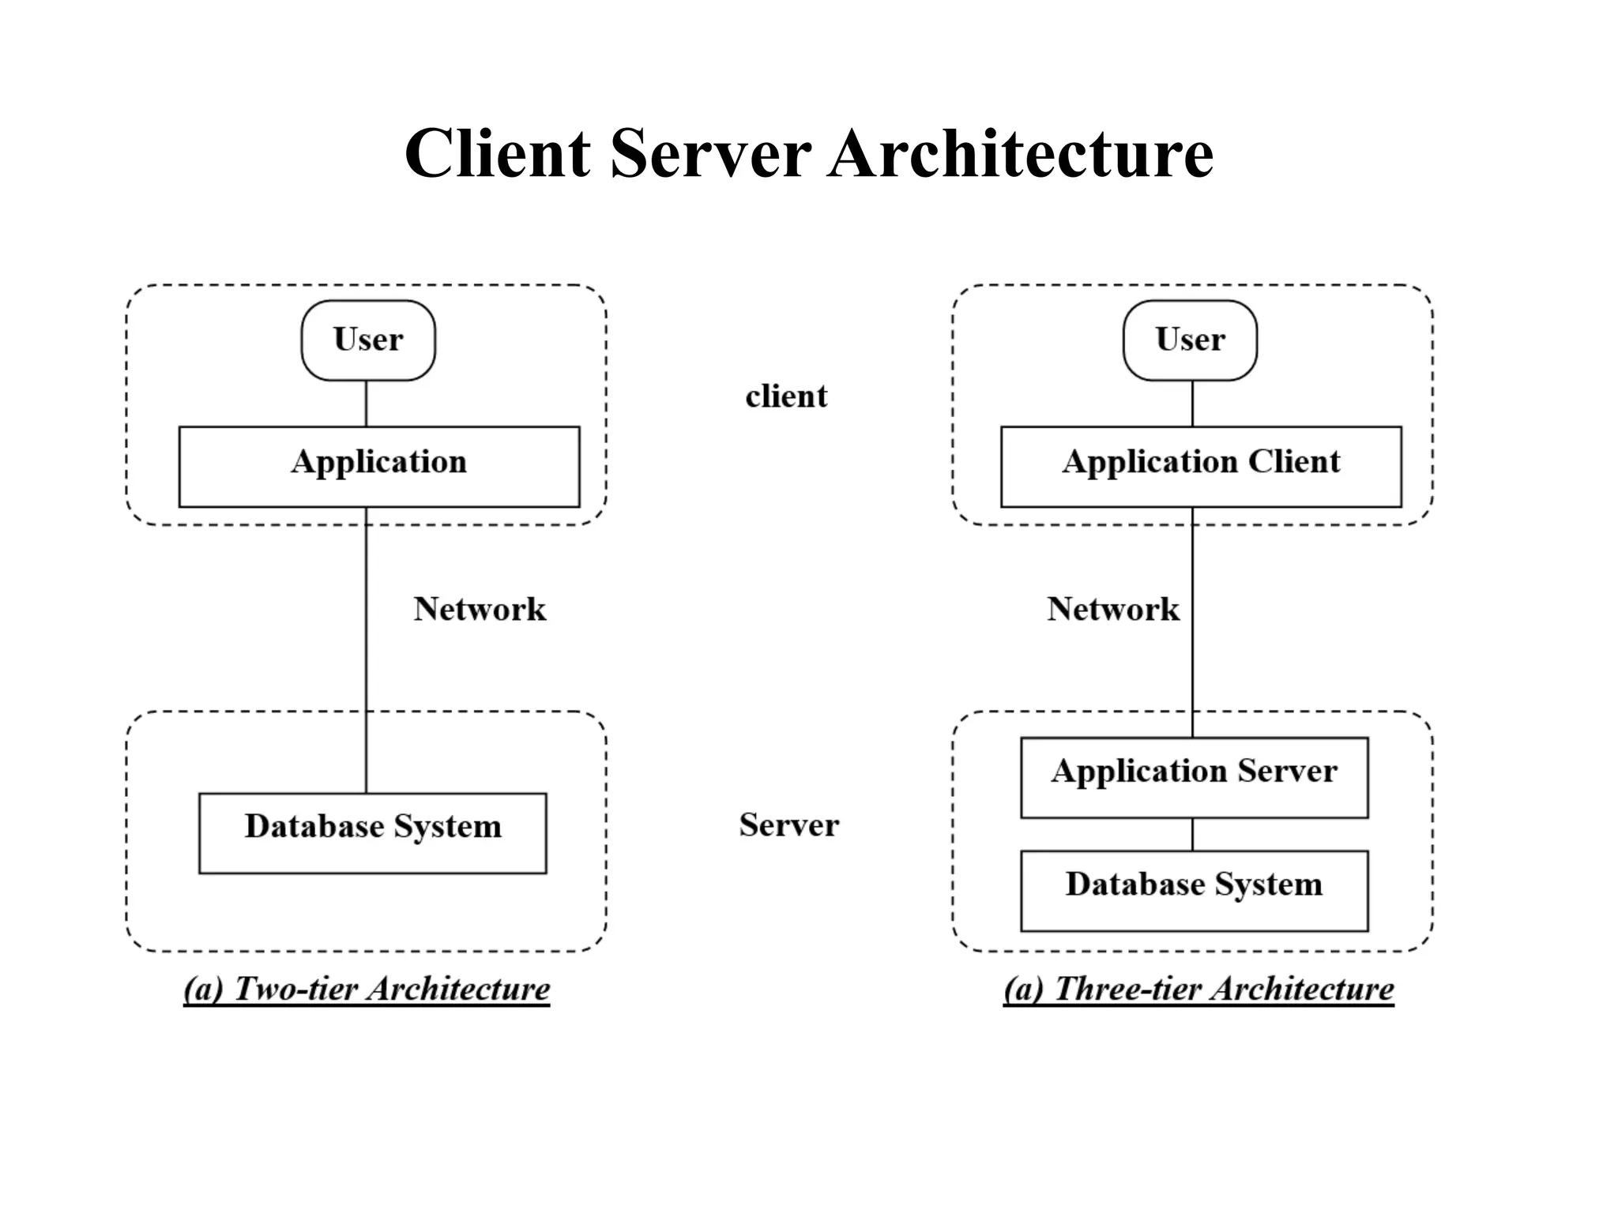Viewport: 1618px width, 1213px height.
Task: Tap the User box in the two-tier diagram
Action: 368,340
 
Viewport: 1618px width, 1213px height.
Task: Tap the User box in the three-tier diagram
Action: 1190,340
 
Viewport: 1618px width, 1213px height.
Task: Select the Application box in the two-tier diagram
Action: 379,466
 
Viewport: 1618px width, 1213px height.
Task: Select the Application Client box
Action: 1201,466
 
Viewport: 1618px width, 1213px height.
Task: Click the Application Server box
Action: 1194,777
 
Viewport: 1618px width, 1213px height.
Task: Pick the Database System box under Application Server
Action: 1194,890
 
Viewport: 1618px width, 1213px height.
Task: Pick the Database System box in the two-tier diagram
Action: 372,832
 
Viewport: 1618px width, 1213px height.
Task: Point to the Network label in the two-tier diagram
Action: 480,609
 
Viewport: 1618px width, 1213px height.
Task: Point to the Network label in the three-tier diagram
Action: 1112,609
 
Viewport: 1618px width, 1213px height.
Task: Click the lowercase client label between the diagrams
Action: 786,396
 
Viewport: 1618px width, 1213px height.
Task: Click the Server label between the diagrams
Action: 788,825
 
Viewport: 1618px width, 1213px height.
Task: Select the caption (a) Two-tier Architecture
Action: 367,989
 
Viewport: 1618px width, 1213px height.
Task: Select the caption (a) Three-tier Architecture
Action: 1198,989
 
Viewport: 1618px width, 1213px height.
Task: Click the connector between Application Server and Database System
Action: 1192,834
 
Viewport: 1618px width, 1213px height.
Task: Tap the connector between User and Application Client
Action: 1192,404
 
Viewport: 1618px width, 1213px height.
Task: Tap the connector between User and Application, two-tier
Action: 366,404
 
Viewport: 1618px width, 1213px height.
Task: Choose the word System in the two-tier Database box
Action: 447,828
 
